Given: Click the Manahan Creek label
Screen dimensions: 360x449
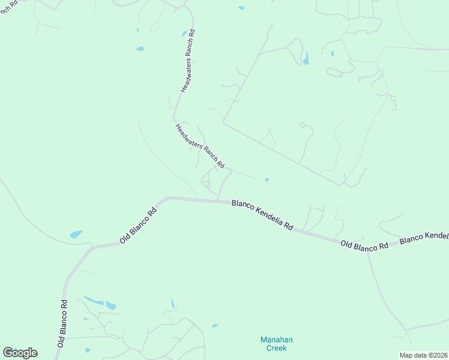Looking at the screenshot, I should coord(277,344).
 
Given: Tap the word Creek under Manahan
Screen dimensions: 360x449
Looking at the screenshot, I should coord(277,348).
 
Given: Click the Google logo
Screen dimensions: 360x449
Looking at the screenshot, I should coord(20,353).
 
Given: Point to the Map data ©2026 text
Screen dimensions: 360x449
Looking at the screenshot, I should coord(423,355).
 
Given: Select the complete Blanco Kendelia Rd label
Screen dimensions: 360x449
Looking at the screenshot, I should coord(263,215).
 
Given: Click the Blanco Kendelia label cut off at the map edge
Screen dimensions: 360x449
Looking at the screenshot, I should coord(424,236).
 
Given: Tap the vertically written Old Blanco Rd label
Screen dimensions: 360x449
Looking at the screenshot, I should coord(62,322).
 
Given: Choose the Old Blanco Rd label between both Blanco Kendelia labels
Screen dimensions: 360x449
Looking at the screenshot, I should coord(364,245).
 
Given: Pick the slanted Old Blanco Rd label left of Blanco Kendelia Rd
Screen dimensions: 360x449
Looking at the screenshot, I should coord(138,225).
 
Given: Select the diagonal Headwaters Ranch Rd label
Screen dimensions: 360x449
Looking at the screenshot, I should coord(200,146).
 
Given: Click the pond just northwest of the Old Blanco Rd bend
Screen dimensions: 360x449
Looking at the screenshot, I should coord(76,234).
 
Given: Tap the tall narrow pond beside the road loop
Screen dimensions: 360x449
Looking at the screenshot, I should coord(306,59).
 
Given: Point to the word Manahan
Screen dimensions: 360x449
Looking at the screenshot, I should coord(277,340).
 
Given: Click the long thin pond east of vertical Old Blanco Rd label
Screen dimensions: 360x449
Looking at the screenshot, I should coord(94,299).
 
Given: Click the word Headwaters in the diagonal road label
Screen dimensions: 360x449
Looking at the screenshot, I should coord(188,136).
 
